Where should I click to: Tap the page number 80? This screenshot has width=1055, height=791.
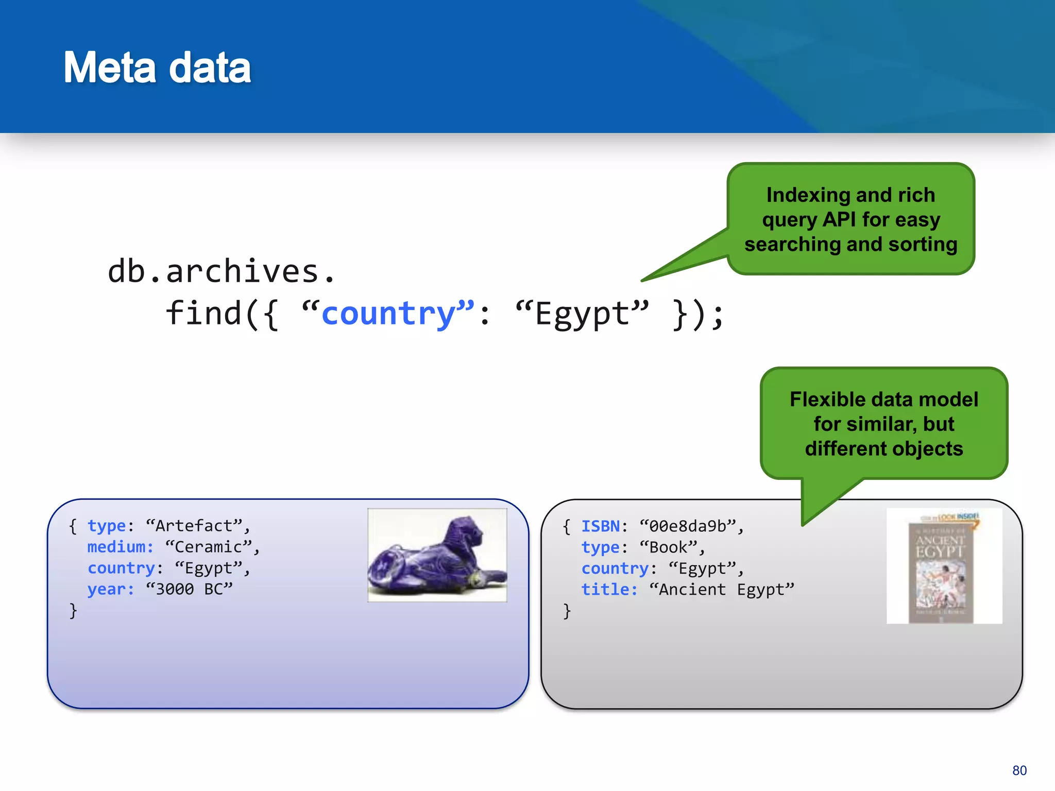click(1019, 770)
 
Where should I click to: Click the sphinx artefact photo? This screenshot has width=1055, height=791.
click(437, 555)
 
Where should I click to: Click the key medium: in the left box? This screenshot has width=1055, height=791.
click(120, 547)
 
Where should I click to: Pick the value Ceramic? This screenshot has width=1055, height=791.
click(208, 547)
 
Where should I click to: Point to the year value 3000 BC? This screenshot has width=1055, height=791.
click(189, 589)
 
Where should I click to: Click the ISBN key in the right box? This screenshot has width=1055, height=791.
click(600, 526)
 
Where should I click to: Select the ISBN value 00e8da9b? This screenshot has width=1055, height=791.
click(687, 526)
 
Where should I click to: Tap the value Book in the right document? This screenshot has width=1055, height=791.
click(668, 547)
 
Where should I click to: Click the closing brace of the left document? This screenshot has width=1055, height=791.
click(73, 611)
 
